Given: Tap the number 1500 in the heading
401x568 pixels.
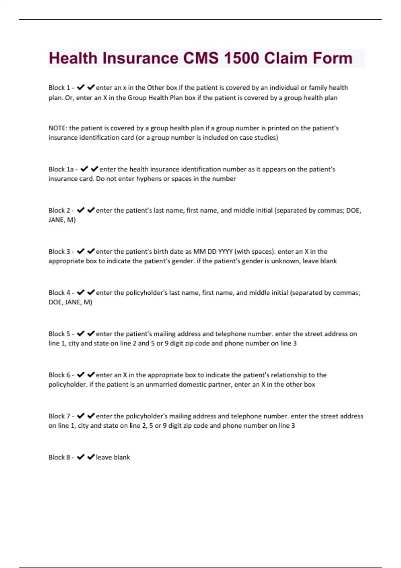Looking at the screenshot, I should (x=241, y=58).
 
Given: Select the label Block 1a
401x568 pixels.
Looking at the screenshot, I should (x=61, y=169).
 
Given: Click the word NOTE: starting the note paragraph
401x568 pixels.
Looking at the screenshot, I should (x=58, y=128).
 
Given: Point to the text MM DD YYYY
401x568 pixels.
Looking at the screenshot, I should (x=213, y=252).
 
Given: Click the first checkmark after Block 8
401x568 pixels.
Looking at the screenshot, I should (x=81, y=457).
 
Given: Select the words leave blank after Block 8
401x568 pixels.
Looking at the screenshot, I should (x=113, y=457).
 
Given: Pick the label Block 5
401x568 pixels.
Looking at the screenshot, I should (x=59, y=334).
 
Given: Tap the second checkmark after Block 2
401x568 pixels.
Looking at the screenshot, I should (x=91, y=210).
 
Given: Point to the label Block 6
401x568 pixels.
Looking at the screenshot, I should (x=59, y=375).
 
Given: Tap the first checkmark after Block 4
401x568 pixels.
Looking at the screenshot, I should (x=81, y=293).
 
